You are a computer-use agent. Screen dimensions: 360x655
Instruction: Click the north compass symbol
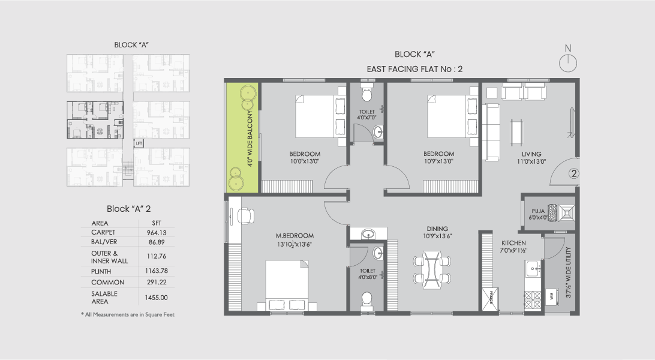pos(567,62)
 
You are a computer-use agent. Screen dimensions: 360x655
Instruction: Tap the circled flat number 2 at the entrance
pos(573,175)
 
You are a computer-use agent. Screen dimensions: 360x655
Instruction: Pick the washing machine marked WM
pos(551,294)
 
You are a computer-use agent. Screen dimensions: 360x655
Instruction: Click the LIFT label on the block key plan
pos(139,143)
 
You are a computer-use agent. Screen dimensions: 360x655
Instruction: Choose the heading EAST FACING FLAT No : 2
pos(414,69)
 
